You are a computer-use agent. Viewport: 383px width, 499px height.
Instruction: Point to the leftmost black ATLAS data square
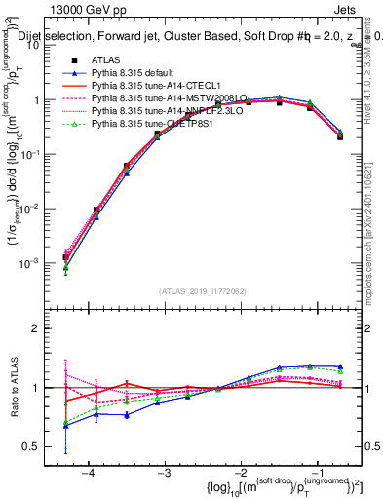coord(66,258)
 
